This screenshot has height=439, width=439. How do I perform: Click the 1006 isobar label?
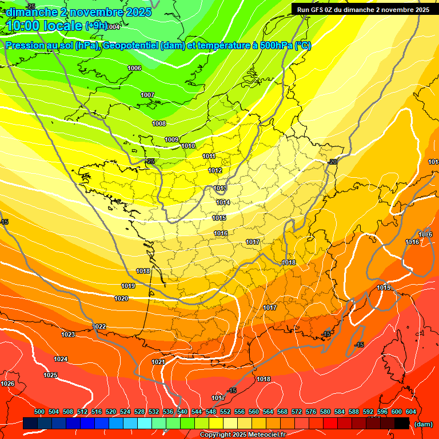[134, 68]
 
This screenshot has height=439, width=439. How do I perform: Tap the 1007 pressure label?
[147, 95]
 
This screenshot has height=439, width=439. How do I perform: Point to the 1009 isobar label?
[171, 139]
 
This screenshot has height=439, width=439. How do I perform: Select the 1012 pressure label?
[215, 170]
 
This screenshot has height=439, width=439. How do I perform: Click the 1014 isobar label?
[223, 202]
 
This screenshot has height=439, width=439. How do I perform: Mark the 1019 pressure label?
[128, 286]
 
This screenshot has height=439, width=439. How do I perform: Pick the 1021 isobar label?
[158, 362]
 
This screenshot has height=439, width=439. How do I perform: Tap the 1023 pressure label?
[68, 334]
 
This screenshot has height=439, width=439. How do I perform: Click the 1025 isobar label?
[50, 375]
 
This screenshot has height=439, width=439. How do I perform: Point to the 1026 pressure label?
[8, 384]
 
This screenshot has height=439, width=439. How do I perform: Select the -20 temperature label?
[333, 162]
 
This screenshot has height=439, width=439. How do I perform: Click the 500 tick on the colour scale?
[39, 412]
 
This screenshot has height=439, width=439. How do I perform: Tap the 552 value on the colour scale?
[225, 412]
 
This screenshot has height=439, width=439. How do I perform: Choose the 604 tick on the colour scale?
[411, 412]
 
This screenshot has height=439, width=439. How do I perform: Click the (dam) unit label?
[423, 424]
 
